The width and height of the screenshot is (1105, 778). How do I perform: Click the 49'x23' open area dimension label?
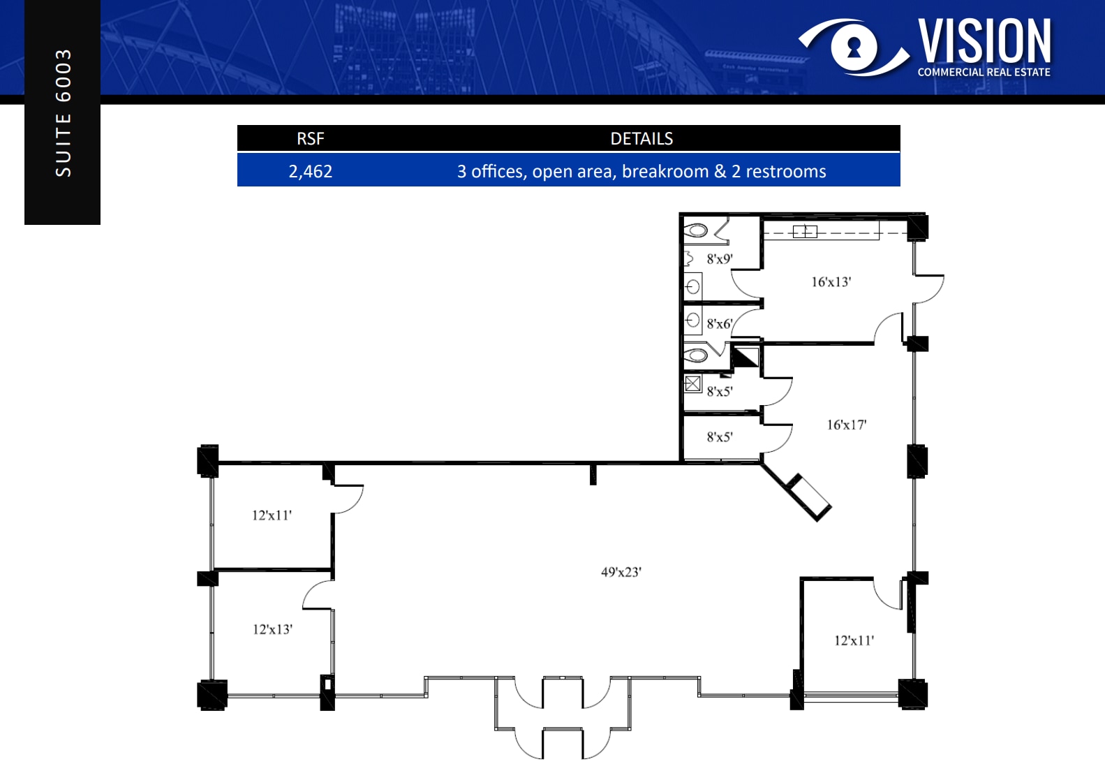621,572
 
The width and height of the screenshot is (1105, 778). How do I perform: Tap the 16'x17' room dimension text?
846,425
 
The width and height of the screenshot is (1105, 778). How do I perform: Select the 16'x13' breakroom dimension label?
831,282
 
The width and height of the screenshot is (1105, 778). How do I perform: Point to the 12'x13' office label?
272,629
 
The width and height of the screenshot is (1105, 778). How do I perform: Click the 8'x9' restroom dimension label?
720,259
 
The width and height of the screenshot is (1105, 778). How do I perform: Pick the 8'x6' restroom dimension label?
719,324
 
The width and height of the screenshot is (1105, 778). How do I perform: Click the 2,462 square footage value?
311,171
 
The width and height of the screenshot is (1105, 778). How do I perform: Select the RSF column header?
311,138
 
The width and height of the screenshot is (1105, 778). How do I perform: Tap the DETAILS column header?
642,138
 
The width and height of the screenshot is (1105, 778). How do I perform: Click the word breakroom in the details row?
665,171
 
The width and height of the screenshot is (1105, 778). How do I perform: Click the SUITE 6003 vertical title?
63,112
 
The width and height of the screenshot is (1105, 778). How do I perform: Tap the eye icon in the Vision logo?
854,47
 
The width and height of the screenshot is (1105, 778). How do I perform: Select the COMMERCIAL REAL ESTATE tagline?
984,72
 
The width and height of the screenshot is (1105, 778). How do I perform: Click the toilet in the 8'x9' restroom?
695,230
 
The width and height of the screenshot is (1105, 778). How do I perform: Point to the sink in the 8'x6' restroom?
692,321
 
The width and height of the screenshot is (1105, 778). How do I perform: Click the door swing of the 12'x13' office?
318,594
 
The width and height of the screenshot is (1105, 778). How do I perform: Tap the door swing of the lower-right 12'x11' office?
887,594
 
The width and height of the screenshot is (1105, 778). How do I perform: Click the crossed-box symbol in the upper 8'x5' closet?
692,383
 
